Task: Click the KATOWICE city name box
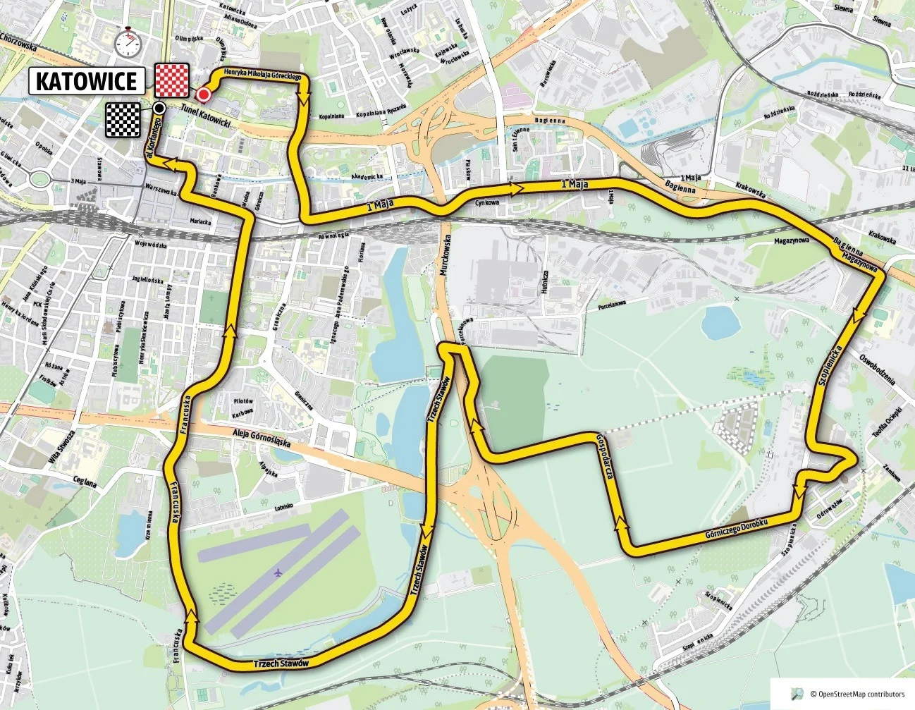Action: pyautogui.click(x=87, y=81)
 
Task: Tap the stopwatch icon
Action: pyautogui.click(x=128, y=42)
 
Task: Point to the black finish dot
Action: pyautogui.click(x=160, y=108)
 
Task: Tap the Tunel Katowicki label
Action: pyautogui.click(x=206, y=116)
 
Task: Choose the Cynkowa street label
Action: pyautogui.click(x=487, y=203)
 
